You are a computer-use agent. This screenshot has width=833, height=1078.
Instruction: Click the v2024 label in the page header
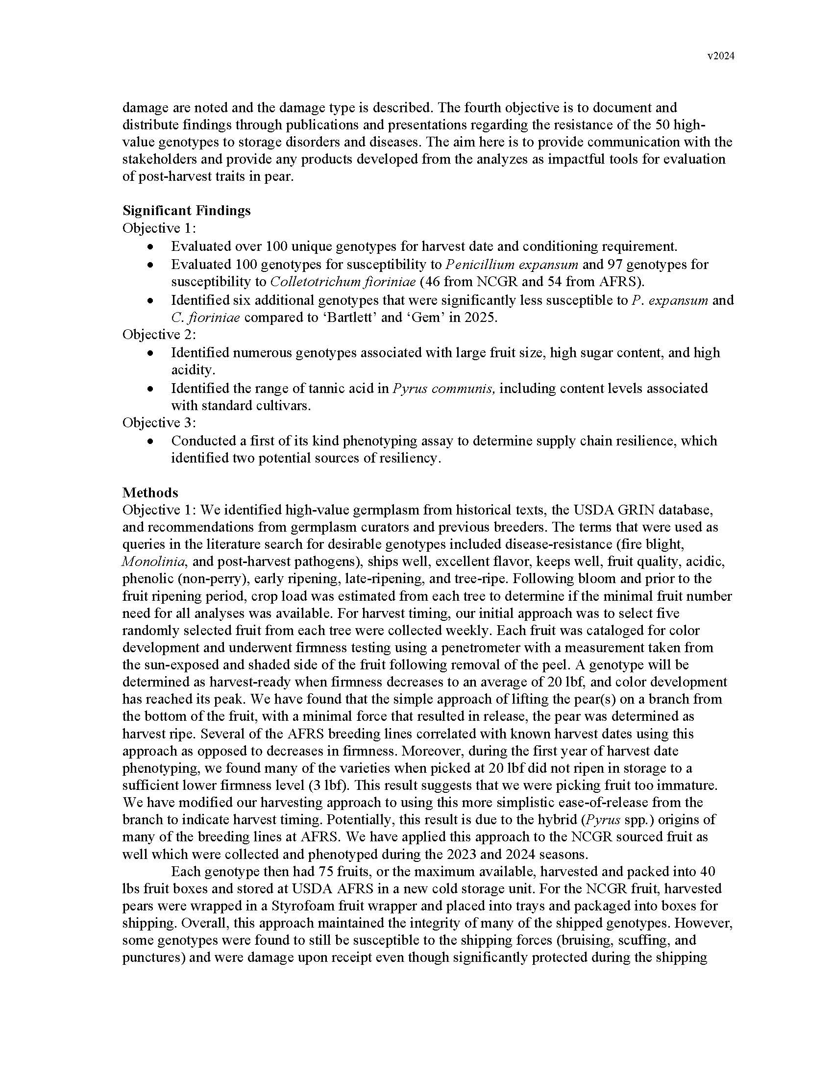(x=720, y=56)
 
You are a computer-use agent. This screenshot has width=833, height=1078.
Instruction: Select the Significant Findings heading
(x=187, y=211)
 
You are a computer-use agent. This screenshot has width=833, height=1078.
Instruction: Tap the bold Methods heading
(x=150, y=492)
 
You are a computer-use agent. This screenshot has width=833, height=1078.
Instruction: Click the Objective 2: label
(x=159, y=335)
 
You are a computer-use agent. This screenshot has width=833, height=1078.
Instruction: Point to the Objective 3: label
(x=159, y=423)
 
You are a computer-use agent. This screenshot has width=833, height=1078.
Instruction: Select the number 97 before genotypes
(x=614, y=265)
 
